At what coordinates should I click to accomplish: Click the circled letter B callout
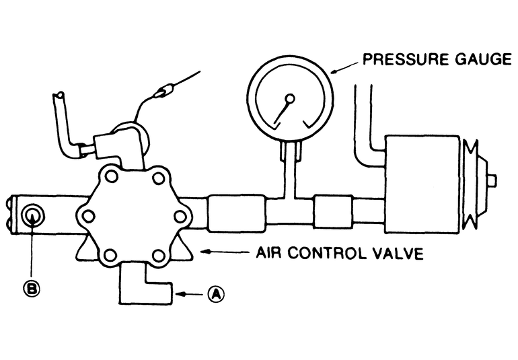coord(31,289)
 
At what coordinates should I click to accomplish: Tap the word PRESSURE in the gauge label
coord(402,59)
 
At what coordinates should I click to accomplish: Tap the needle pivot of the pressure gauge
coord(290,99)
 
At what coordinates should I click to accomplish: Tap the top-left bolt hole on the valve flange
coord(111,177)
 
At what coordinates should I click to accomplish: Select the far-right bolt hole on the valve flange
coord(180,215)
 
